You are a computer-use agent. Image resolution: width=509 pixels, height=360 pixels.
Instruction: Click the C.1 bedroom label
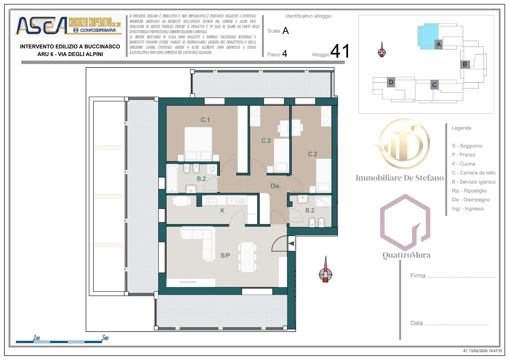(x=205, y=120)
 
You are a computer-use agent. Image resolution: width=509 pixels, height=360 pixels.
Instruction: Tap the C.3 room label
(x=266, y=141)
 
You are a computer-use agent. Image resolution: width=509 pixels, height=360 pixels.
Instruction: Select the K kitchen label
(x=222, y=211)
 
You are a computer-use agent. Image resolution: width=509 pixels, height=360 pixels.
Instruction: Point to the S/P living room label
(x=225, y=255)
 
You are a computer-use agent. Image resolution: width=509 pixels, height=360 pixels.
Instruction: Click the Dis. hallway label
(x=275, y=186)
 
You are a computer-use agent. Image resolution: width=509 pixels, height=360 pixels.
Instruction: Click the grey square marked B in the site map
(x=465, y=64)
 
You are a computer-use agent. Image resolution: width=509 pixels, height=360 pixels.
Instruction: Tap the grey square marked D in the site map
(x=391, y=82)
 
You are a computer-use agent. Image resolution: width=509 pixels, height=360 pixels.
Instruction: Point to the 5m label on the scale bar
(x=105, y=338)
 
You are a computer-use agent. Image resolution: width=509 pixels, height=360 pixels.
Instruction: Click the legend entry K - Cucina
(x=463, y=164)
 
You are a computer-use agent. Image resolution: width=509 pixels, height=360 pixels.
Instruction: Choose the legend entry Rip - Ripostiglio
(x=469, y=191)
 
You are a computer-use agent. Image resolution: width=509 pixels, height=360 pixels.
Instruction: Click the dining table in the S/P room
(x=247, y=257)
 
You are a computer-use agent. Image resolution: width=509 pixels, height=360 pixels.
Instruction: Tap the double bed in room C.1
(x=198, y=144)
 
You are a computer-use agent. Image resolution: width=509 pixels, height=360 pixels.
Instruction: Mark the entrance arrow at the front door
(x=291, y=243)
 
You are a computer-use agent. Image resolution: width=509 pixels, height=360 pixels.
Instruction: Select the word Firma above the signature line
(x=418, y=275)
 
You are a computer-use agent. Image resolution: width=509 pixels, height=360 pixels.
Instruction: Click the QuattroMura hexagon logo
(x=405, y=223)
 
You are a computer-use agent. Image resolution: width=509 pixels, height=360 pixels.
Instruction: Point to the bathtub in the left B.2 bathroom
(x=172, y=179)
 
